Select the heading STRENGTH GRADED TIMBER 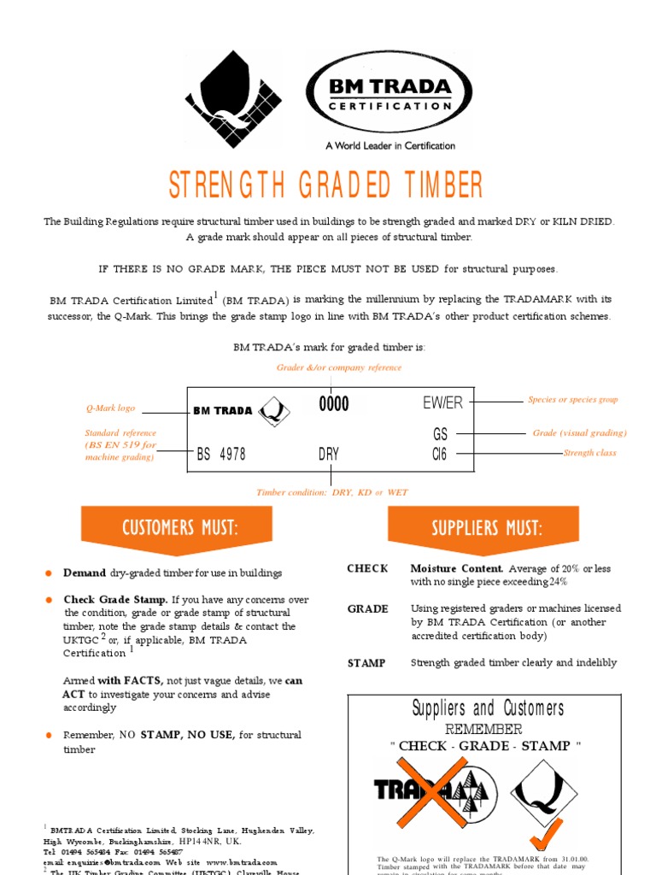click(x=326, y=185)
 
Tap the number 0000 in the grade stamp click(x=334, y=404)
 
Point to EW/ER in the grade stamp click(x=442, y=403)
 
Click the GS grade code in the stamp click(x=441, y=434)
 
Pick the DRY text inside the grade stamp click(x=329, y=455)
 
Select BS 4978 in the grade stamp click(x=221, y=455)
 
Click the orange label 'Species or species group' click(x=572, y=399)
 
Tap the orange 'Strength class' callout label click(x=589, y=453)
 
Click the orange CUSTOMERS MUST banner click(x=177, y=527)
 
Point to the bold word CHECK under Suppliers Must click(x=367, y=569)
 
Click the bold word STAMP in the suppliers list click(x=366, y=663)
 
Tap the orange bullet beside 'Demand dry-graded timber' click(x=50, y=573)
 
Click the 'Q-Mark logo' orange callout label click(x=110, y=408)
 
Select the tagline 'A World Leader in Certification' click(x=390, y=146)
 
